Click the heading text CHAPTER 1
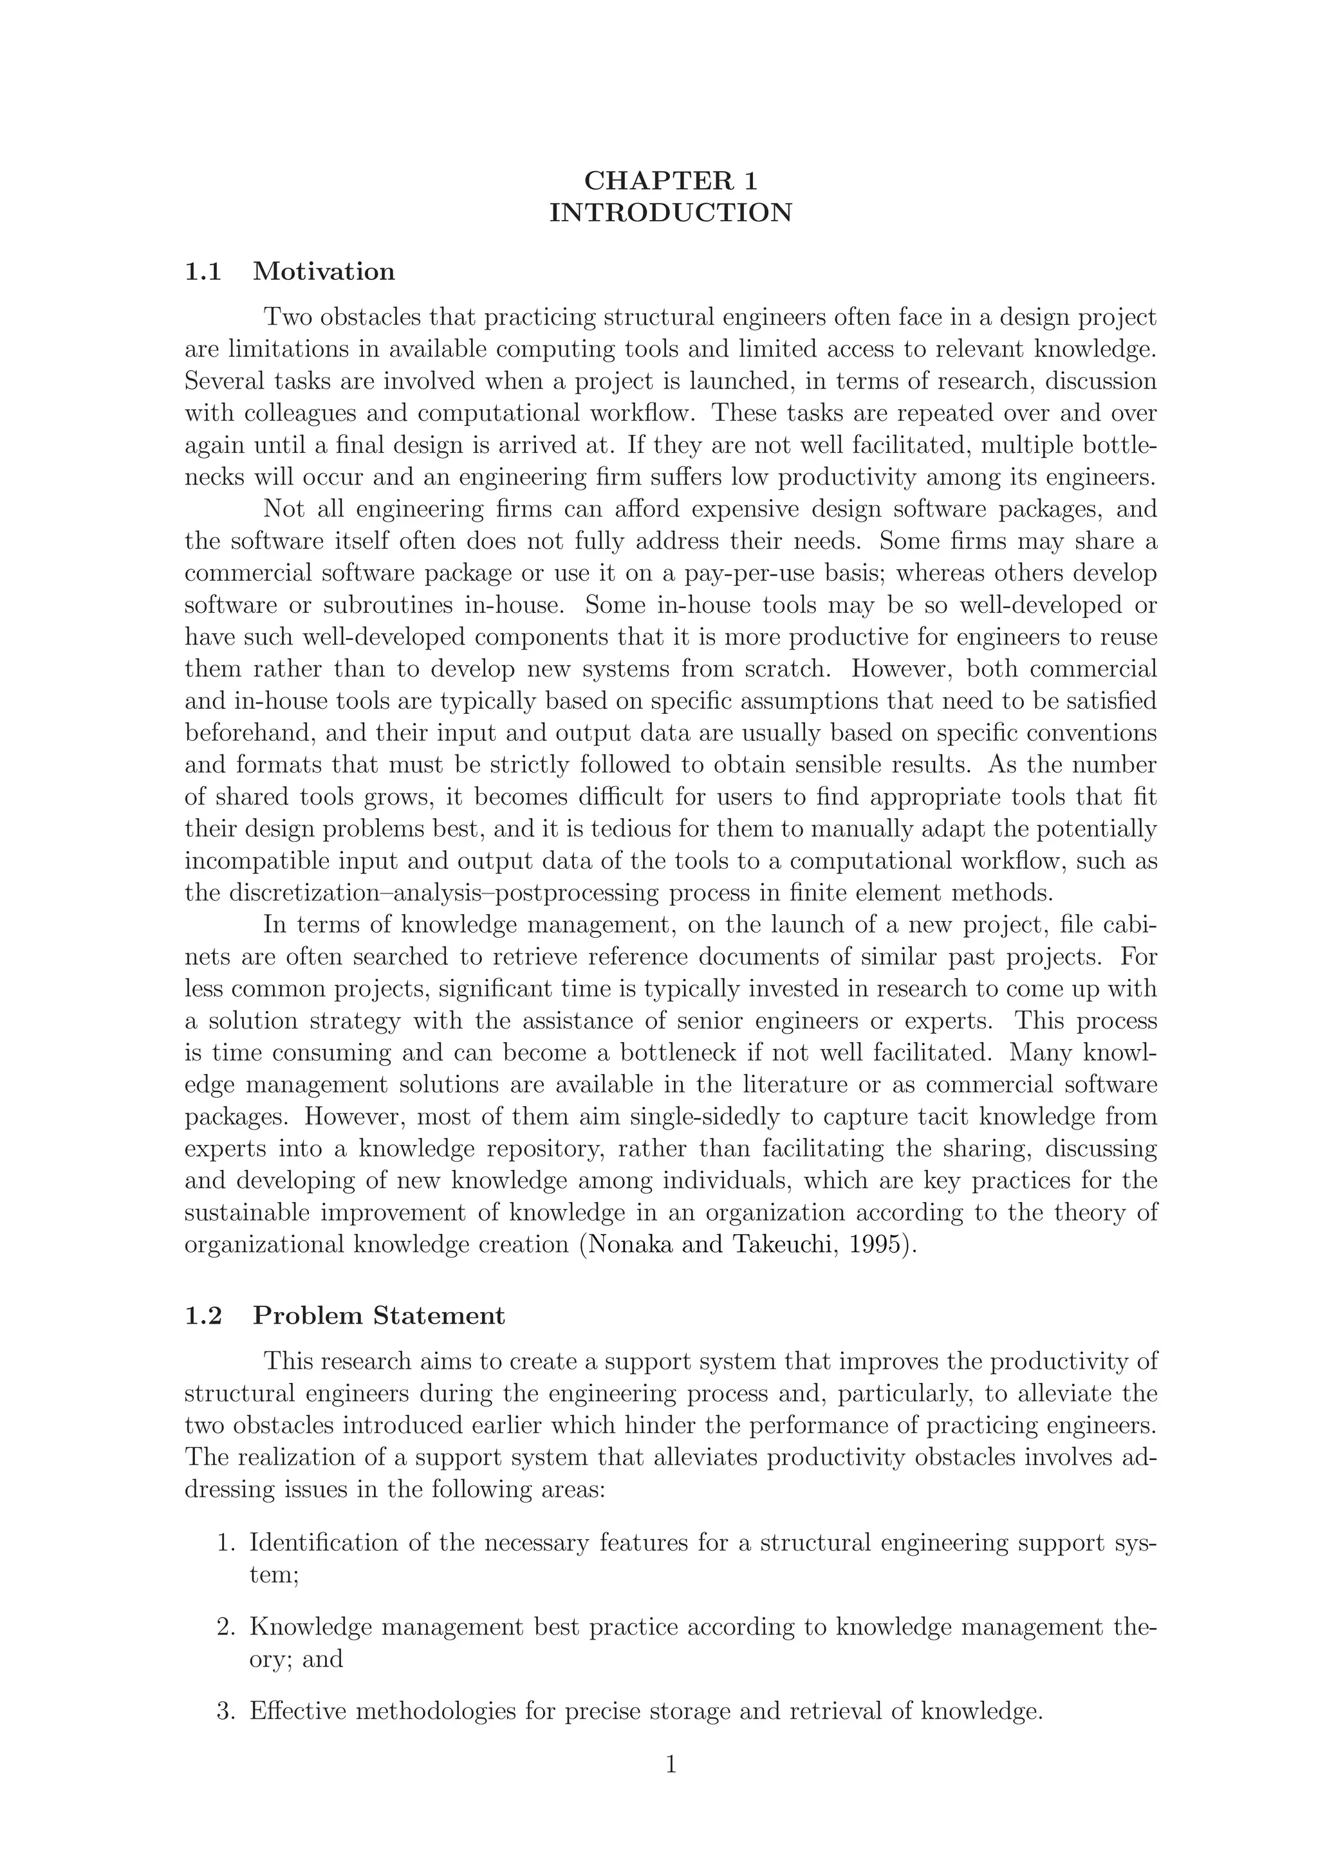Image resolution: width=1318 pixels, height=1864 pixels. (671, 180)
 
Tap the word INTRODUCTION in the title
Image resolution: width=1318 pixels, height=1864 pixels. (671, 213)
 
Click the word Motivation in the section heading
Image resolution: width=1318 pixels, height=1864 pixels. (324, 271)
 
